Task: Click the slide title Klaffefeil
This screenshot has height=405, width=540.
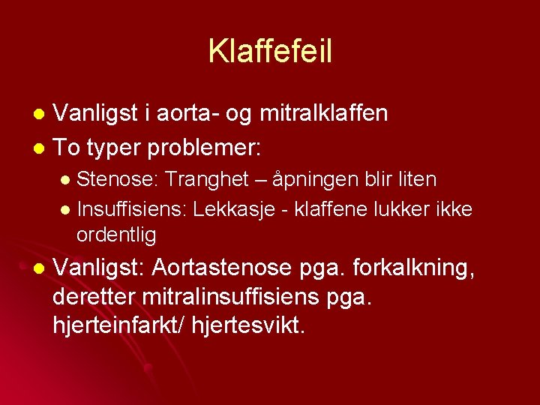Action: coord(270,51)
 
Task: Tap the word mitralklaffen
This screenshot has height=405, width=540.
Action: coord(324,113)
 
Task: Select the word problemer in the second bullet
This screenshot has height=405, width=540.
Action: coord(205,148)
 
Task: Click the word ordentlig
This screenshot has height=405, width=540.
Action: coord(116,235)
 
